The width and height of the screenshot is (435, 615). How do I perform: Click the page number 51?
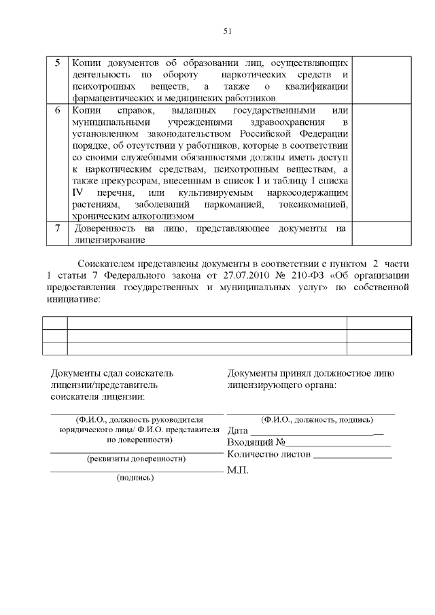pyautogui.click(x=228, y=31)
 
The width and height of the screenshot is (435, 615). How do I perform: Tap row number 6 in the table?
pyautogui.click(x=57, y=110)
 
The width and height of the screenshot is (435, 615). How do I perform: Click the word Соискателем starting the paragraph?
pyautogui.click(x=111, y=262)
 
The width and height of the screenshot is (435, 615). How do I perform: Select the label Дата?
pyautogui.click(x=238, y=430)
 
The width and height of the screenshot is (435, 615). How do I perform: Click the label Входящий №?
pyautogui.click(x=251, y=442)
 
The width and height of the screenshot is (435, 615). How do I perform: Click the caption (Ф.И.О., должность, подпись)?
pyautogui.click(x=311, y=419)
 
